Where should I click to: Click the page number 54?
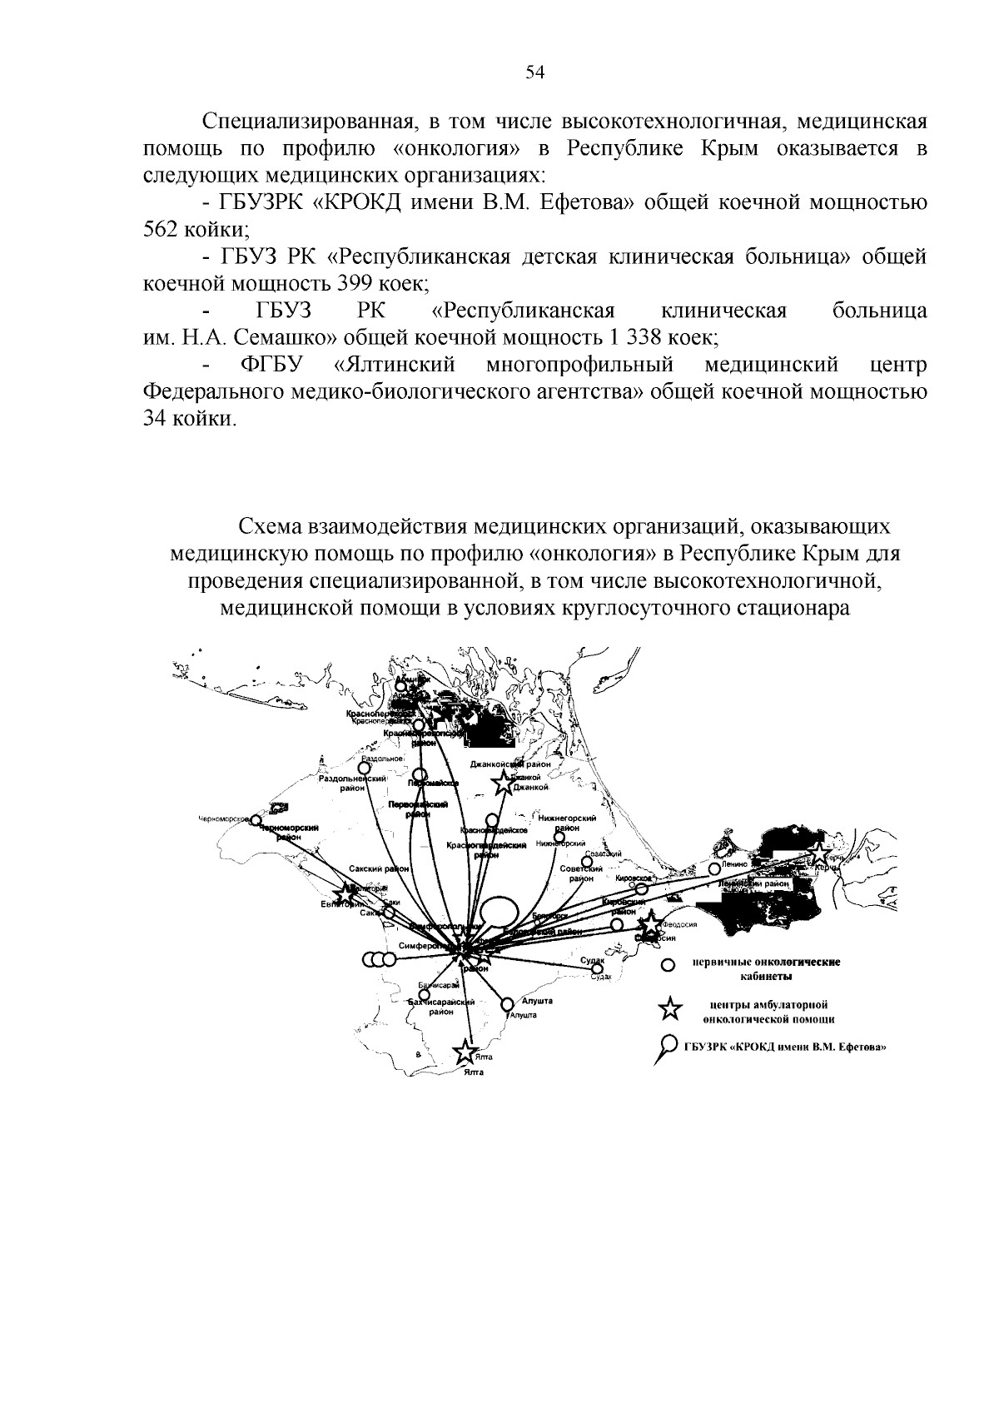534,72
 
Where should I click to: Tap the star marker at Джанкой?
503,783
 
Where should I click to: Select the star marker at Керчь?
820,853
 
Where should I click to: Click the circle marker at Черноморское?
256,821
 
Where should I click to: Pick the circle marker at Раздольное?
363,768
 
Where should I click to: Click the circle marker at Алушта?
506,1005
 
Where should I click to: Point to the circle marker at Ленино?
714,868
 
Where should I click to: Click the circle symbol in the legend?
667,966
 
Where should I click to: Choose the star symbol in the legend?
669,1010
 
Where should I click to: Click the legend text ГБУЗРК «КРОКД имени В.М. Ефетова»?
784,1047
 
